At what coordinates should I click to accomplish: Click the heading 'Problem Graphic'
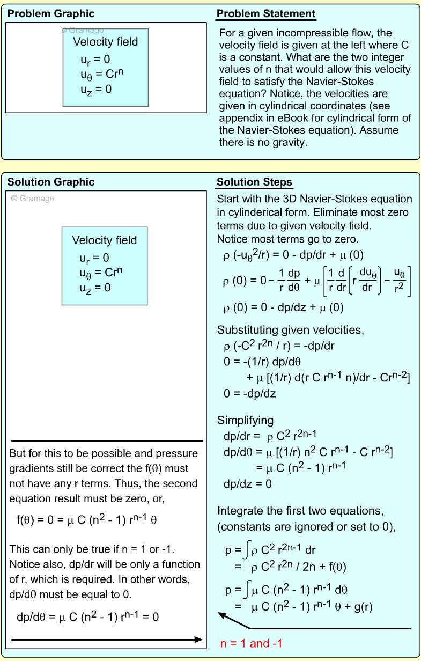(x=51, y=14)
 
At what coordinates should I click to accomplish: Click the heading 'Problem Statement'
(x=266, y=14)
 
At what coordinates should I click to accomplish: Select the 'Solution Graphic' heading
(x=51, y=182)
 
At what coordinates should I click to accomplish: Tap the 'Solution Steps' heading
(x=255, y=182)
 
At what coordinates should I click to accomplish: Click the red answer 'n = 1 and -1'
(x=251, y=643)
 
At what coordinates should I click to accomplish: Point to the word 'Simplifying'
(x=245, y=420)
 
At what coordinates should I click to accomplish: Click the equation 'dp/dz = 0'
(x=248, y=484)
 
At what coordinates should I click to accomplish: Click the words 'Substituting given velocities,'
(x=282, y=329)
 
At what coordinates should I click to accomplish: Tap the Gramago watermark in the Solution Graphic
(x=33, y=199)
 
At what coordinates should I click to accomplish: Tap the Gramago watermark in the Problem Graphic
(x=82, y=31)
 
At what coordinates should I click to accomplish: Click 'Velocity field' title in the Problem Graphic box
(x=105, y=42)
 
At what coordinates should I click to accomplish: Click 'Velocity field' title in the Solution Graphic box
(x=105, y=240)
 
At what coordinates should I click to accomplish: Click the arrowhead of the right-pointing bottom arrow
(x=199, y=640)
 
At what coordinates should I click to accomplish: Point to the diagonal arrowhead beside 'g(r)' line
(x=221, y=616)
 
